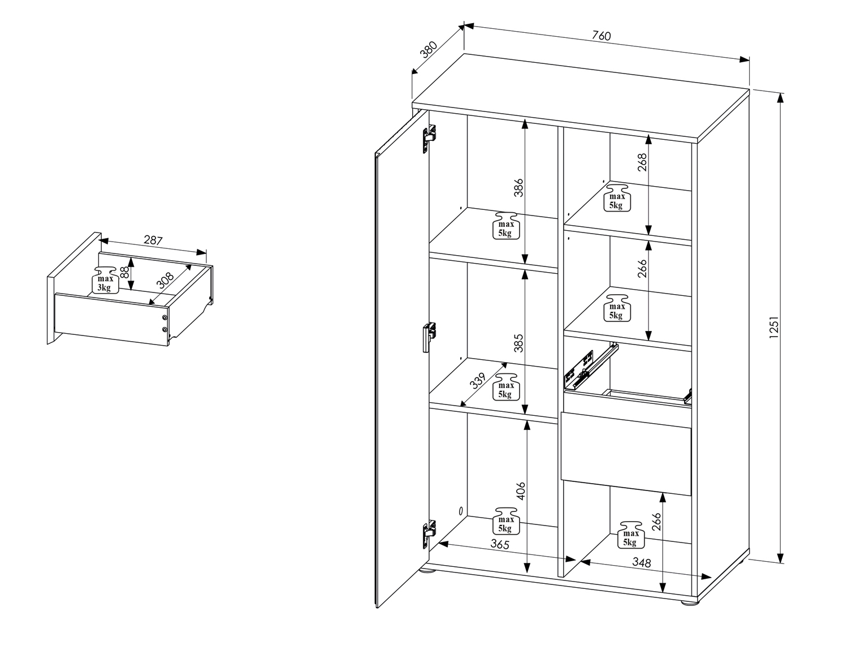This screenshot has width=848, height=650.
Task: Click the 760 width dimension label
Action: pyautogui.click(x=601, y=36)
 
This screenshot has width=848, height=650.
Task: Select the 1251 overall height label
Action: pyautogui.click(x=774, y=327)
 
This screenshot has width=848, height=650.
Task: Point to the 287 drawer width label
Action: pyautogui.click(x=153, y=240)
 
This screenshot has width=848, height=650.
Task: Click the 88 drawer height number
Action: pyautogui.click(x=124, y=272)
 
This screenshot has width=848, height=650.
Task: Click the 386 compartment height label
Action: pyautogui.click(x=518, y=188)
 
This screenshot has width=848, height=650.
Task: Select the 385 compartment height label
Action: pyautogui.click(x=518, y=343)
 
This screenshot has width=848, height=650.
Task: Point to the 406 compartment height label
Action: pyautogui.click(x=521, y=490)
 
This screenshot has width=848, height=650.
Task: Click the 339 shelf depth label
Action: pyautogui.click(x=477, y=381)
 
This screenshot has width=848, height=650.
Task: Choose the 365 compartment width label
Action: pyautogui.click(x=500, y=544)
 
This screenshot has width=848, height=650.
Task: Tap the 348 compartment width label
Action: pyautogui.click(x=642, y=562)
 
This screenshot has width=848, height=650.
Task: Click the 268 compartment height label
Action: pyautogui.click(x=642, y=162)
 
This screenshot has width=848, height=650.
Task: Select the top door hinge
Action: pyautogui.click(x=429, y=139)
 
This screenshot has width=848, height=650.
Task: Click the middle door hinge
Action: pyautogui.click(x=429, y=337)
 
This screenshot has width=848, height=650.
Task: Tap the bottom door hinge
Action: pyautogui.click(x=429, y=535)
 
